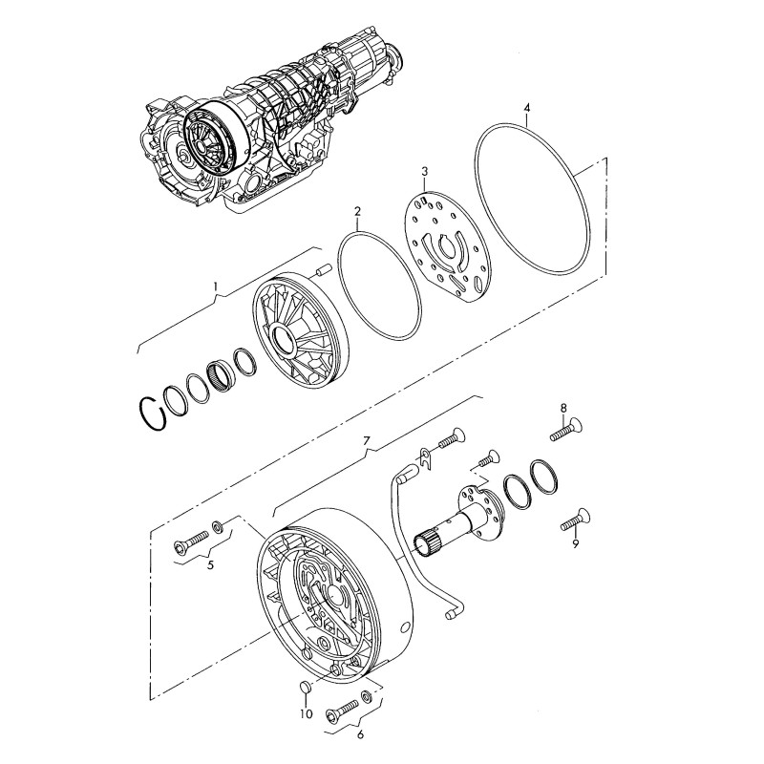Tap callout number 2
(357, 211)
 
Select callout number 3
(424, 171)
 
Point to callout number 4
(525, 107)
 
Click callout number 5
(210, 565)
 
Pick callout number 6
(360, 734)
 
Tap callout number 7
(367, 441)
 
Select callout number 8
(563, 408)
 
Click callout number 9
(576, 543)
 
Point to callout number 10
(307, 713)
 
